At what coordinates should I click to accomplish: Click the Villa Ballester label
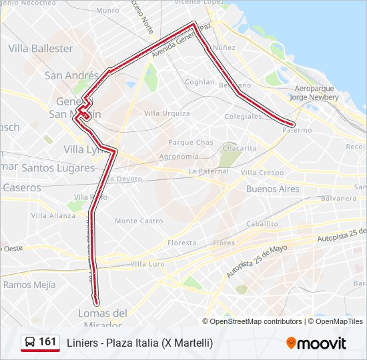[x=41, y=49]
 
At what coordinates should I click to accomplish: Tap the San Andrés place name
[x=71, y=75]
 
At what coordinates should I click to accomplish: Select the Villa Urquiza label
[x=167, y=113]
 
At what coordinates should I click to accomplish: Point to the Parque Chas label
[x=190, y=143]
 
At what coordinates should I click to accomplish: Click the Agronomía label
[x=178, y=157]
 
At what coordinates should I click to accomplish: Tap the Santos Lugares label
[x=58, y=168]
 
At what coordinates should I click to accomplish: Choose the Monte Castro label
[x=139, y=221]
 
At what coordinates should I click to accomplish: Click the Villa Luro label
[x=147, y=264]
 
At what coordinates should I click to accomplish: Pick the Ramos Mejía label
[x=29, y=285]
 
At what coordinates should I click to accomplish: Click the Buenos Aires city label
[x=273, y=189]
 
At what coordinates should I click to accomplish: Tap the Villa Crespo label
[x=262, y=173]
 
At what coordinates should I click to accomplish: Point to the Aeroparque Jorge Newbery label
[x=316, y=93]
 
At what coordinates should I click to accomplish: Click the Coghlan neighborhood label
[x=200, y=82]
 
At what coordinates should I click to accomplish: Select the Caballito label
[x=262, y=224]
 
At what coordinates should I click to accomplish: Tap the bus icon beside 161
[x=30, y=343]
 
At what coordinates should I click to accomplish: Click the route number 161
[x=48, y=342]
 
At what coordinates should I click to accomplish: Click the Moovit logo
[x=316, y=343]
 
